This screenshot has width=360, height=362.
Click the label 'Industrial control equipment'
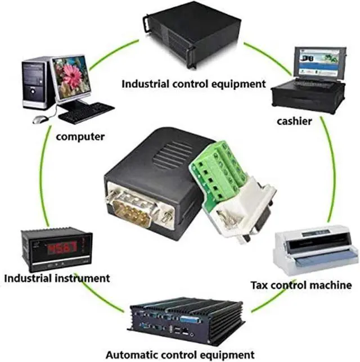click(x=194, y=84)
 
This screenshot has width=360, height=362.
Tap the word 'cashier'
click(x=294, y=120)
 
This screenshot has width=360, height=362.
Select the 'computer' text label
click(x=79, y=137)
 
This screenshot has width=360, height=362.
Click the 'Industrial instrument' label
click(x=57, y=278)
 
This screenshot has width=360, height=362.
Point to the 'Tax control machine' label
click(x=300, y=285)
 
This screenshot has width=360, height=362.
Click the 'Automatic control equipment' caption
click(x=180, y=355)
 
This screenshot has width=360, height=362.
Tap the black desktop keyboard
click(x=86, y=112)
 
